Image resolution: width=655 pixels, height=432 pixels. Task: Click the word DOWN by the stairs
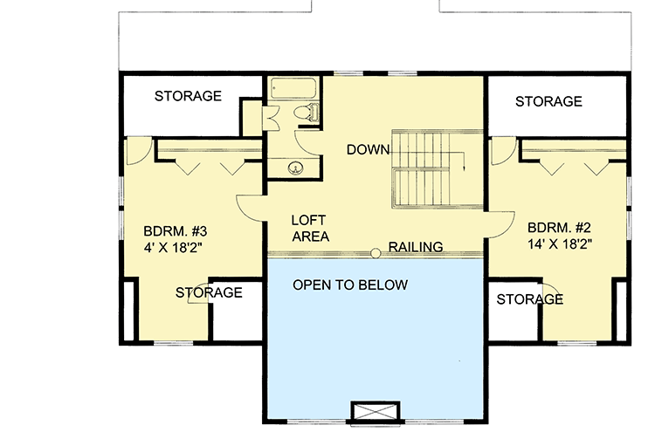click(x=367, y=149)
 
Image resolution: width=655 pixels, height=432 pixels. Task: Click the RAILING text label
click(x=416, y=247)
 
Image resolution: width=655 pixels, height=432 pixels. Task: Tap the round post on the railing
click(x=375, y=253)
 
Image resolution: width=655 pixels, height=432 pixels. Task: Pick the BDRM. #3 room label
click(x=175, y=232)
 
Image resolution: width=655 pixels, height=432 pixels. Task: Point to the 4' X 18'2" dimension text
click(x=174, y=249)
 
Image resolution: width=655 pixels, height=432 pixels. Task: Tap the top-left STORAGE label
click(x=188, y=96)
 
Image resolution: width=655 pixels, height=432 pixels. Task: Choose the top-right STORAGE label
click(x=548, y=102)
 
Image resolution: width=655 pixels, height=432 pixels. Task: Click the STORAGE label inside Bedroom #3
click(x=209, y=292)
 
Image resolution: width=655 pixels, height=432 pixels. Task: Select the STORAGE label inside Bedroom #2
click(x=529, y=299)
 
